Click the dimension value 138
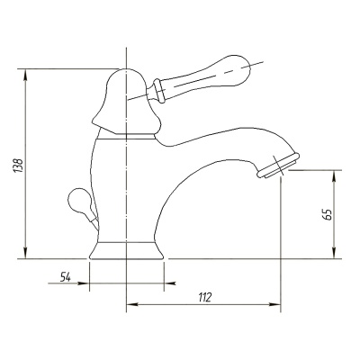pos(18,166)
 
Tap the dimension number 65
pos(329,214)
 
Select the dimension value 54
pos(66,276)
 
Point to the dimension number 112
pos(205,297)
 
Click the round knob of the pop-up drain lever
pos(78,200)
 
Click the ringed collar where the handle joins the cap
pos(158,91)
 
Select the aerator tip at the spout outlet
pos(278,166)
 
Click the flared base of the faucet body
pos(126,250)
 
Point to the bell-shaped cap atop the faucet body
pos(126,102)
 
